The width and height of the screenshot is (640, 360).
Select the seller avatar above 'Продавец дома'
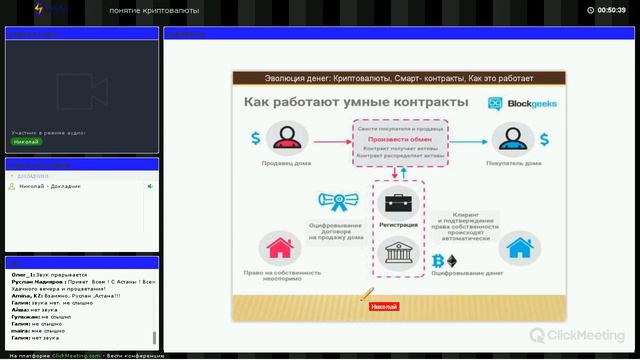pos(288,137)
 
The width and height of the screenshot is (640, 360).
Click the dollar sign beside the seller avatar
pos(256,138)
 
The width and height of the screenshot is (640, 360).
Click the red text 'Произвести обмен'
pos(399,139)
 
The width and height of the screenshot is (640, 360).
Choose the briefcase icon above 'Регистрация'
pos(398,204)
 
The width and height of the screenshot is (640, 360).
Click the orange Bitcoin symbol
pos(437,261)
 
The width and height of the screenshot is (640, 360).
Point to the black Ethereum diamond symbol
pos(451,261)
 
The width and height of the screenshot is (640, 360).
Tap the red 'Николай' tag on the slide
pos(384,306)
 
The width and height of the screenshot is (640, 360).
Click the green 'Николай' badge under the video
pos(26,142)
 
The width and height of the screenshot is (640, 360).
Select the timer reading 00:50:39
pos(611,9)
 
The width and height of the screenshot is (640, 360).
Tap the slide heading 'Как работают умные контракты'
pos(355,103)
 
